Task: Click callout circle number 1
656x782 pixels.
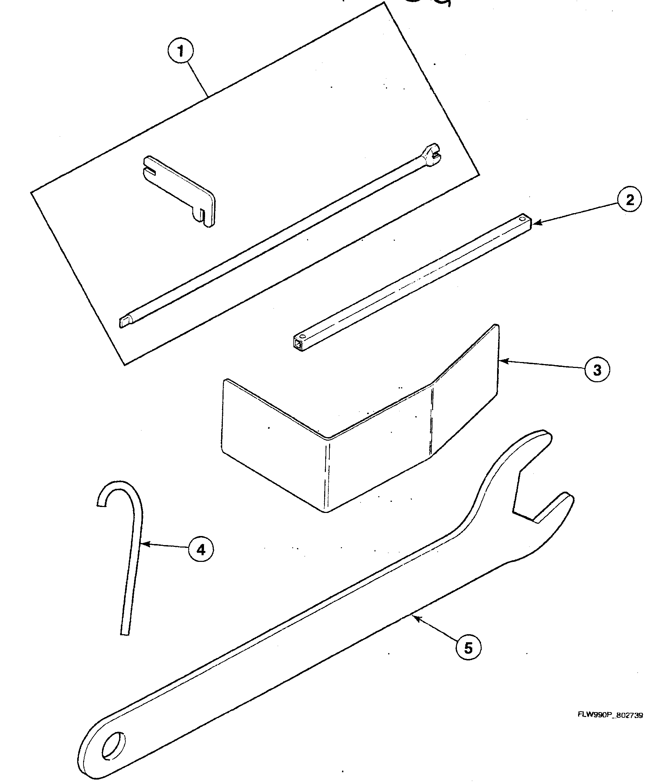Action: point(181,51)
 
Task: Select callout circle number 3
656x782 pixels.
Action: point(597,370)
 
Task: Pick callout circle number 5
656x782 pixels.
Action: point(468,648)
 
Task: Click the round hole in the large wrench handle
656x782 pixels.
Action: point(114,746)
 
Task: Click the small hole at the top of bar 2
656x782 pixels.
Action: point(523,217)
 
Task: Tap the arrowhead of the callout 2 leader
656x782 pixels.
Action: point(536,223)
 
